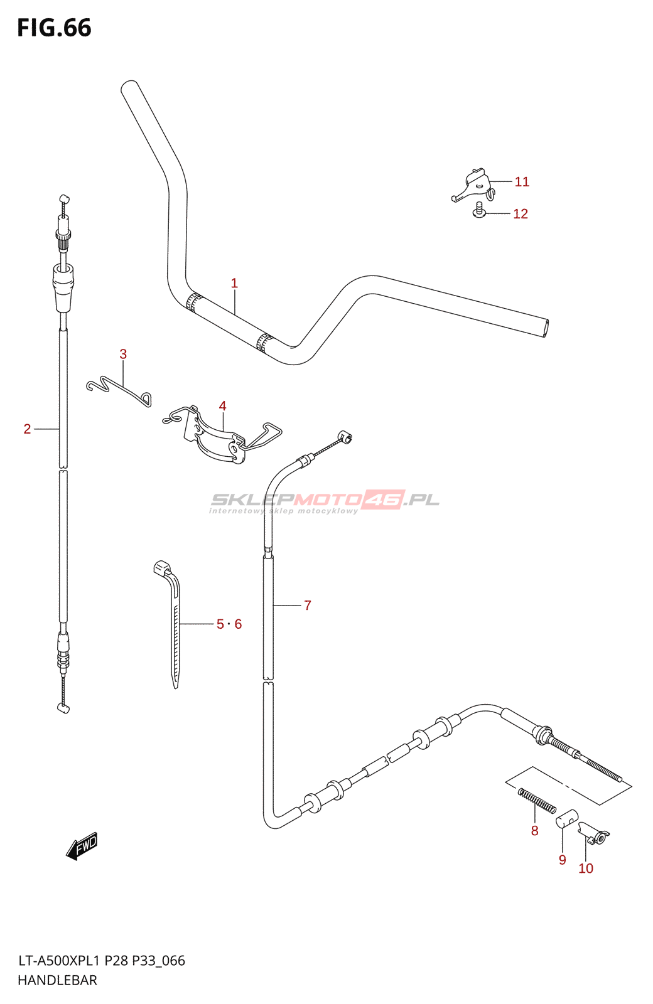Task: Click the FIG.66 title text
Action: pos(54,28)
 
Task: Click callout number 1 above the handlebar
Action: pos(234,284)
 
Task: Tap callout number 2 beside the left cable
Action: pos(27,429)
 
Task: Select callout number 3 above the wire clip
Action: pos(123,355)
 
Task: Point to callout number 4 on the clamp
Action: pos(222,407)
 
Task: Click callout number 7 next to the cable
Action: pos(308,606)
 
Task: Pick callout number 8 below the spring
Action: pos(534,831)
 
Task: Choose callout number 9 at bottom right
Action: pos(562,860)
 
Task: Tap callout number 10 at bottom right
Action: pos(586,868)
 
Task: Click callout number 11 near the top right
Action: pos(522,182)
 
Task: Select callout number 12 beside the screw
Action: pos(521,214)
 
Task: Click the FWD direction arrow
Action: pos(82,846)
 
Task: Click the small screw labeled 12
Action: pos(479,211)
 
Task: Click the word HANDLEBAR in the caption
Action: pos(57,980)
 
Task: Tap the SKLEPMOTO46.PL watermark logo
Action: pos(324,501)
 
